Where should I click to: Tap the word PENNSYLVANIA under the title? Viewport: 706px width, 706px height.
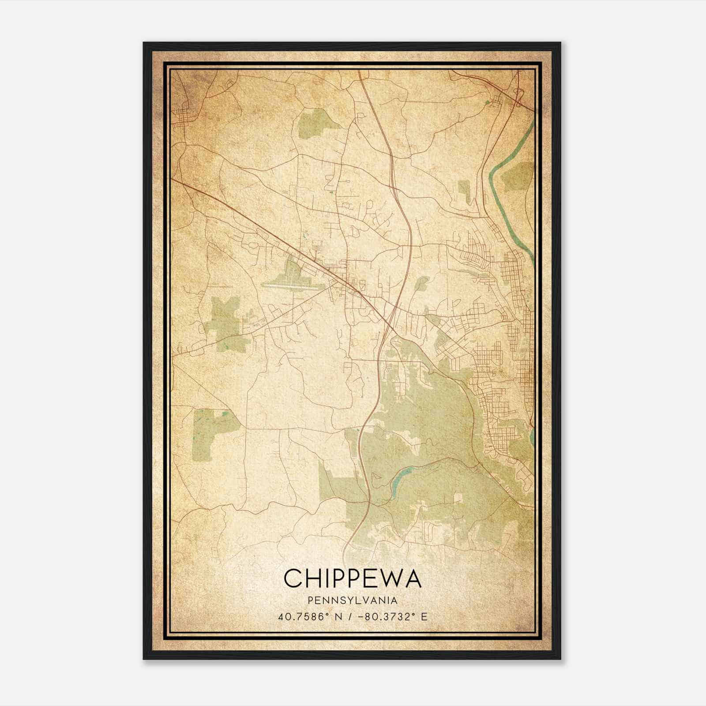point(353,600)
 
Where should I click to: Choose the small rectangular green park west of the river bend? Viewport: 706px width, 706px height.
point(464,189)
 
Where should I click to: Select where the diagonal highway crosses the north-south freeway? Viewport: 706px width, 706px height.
point(390,324)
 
